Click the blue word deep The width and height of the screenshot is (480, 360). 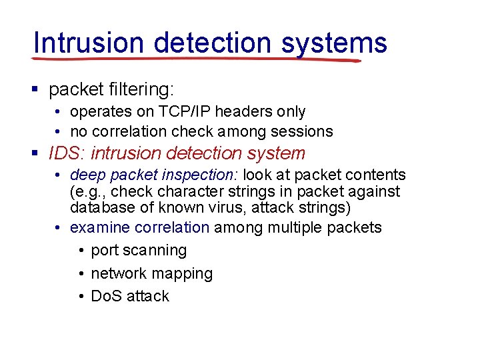pos(85,175)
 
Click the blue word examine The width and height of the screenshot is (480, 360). pos(99,227)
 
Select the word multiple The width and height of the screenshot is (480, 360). pos(295,227)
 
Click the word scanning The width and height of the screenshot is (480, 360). pos(156,251)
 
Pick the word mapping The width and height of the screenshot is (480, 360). pos(182,274)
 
